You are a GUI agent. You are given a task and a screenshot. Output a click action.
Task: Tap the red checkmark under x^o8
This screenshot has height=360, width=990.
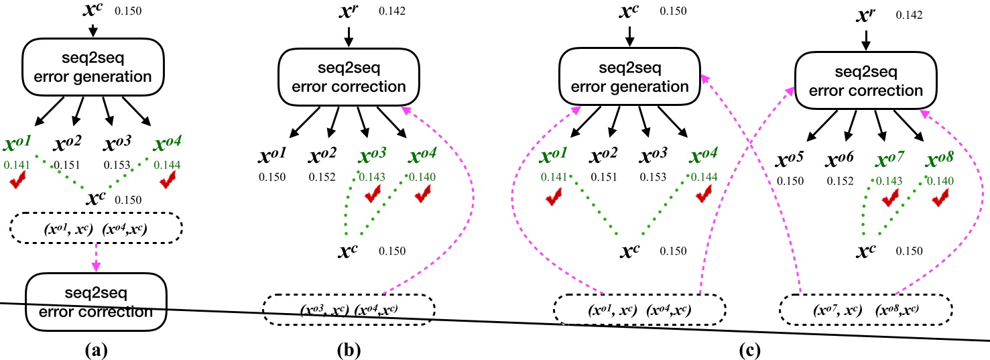tap(940, 198)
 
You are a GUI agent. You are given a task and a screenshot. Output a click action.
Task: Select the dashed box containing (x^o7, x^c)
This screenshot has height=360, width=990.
tap(865, 310)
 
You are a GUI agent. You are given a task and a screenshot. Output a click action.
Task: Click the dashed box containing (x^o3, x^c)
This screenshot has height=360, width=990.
tap(349, 310)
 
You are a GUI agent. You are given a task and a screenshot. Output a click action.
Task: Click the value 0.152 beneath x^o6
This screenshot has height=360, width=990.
tap(841, 180)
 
